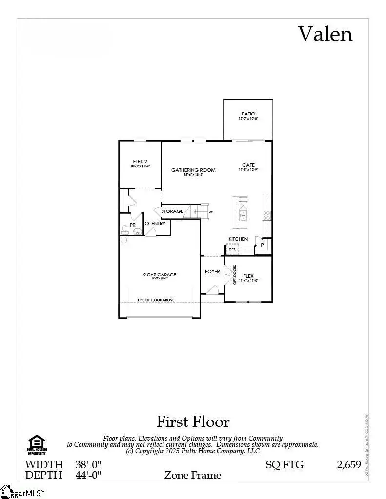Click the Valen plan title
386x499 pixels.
point(325,34)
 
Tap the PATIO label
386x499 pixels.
point(248,114)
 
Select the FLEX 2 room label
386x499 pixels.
point(140,162)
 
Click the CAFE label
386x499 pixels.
point(248,165)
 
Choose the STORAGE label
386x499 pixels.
point(172,211)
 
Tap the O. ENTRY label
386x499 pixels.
point(155,224)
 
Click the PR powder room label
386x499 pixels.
point(132,225)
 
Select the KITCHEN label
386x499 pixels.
point(239,239)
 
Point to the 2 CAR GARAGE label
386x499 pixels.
point(160,275)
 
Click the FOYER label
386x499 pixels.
point(212,271)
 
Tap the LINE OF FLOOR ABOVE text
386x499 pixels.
point(156,300)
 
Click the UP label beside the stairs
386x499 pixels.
point(211,212)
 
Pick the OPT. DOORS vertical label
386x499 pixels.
point(235,274)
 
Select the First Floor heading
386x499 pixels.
point(193,421)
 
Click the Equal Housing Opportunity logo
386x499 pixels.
point(37,444)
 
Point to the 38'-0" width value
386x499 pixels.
point(88,464)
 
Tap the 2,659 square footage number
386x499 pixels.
point(349,464)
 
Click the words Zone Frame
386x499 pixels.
point(193,475)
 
